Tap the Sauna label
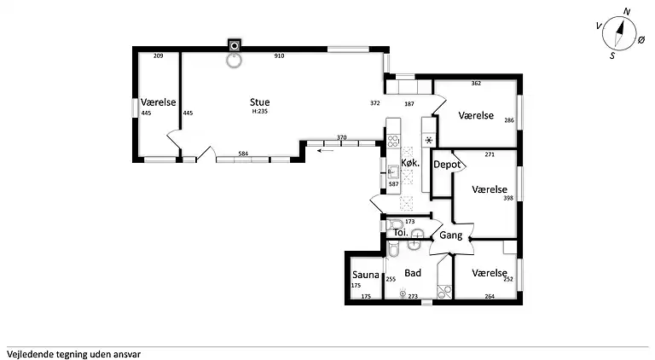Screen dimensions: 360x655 click(x=365, y=275)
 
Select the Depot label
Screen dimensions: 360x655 click(x=448, y=164)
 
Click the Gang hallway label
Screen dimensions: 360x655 click(x=451, y=235)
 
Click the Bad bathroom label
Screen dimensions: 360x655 click(x=414, y=274)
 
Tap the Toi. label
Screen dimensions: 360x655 click(x=398, y=233)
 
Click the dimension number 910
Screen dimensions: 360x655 click(x=279, y=56)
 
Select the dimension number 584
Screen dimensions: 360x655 click(x=243, y=154)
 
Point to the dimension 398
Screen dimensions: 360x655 click(x=508, y=199)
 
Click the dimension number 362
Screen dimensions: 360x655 click(x=476, y=84)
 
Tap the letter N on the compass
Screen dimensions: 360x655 click(x=627, y=12)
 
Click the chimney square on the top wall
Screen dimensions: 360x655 click(x=234, y=44)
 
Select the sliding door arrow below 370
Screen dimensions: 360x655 click(x=324, y=151)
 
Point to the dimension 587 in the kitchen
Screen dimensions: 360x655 click(x=394, y=183)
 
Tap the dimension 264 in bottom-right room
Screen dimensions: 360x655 click(x=490, y=297)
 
